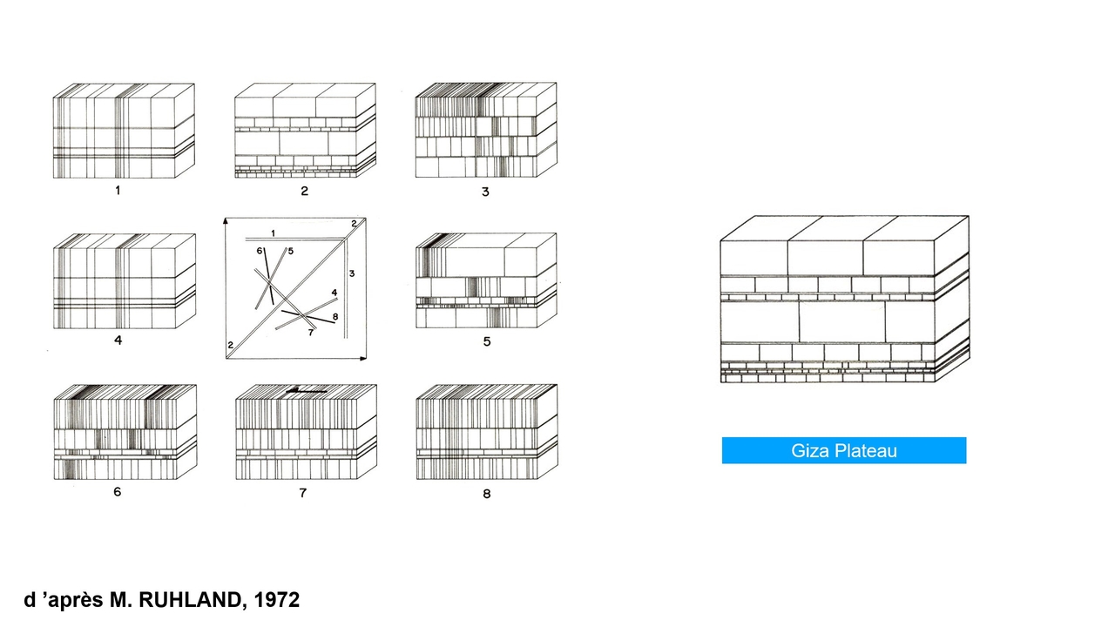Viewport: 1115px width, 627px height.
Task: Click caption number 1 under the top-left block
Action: tap(118, 190)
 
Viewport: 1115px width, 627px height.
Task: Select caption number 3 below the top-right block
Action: tap(485, 192)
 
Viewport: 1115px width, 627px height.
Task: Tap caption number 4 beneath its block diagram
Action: tap(118, 340)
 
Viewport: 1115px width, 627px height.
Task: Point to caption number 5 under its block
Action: tap(487, 341)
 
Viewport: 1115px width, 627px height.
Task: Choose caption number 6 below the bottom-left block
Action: tap(117, 492)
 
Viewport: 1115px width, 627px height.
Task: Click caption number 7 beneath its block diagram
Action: tap(302, 493)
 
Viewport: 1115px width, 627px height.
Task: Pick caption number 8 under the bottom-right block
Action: tap(487, 494)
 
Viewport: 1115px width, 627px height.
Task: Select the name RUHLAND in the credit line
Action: tap(190, 600)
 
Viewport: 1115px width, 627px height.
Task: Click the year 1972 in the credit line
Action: tap(277, 600)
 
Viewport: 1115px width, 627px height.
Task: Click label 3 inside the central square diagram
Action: tap(352, 273)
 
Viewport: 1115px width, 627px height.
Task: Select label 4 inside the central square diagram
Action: tap(334, 293)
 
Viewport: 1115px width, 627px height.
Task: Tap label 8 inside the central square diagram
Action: tap(335, 316)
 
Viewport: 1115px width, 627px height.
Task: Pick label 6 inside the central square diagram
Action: tap(260, 251)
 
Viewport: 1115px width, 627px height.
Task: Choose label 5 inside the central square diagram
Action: tap(291, 251)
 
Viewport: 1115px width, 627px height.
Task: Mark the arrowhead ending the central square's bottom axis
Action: tap(363, 358)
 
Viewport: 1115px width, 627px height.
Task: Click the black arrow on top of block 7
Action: tap(307, 391)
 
